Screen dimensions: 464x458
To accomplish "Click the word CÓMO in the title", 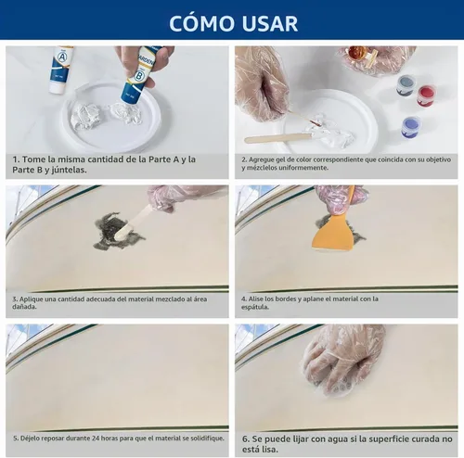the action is pos(201,22).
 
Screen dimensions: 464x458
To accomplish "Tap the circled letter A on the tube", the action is pos(62,57).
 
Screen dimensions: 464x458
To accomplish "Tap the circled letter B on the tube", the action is pos(138,76).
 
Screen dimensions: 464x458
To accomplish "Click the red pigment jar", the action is pos(426,95).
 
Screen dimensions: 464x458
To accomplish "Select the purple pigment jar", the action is pos(411,126).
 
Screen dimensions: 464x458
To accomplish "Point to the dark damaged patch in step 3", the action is pos(118,231).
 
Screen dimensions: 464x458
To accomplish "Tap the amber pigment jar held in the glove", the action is pos(359,52).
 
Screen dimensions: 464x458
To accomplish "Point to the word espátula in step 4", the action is pos(255,307).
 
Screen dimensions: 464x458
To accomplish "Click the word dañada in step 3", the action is pos(24,307).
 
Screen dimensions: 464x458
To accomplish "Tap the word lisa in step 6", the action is pos(270,449).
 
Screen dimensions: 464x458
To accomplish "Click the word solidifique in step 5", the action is pos(206,439).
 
